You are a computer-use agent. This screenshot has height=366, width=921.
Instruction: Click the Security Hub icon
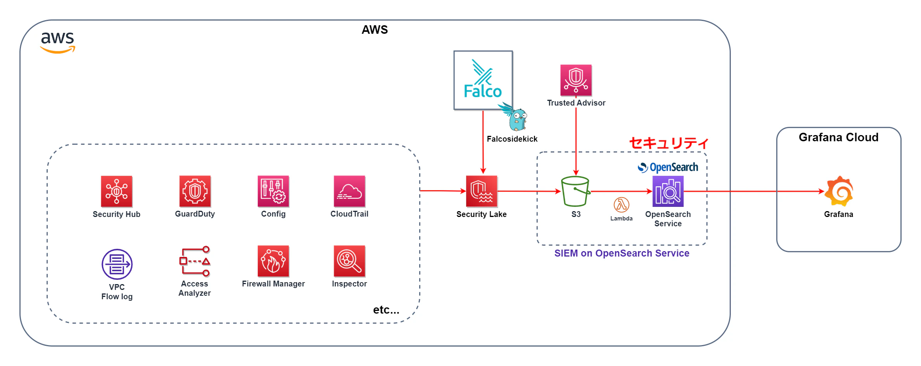[116, 191]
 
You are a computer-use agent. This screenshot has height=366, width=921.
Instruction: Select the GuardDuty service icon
[195, 191]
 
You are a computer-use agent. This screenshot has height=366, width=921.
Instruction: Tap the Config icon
[273, 191]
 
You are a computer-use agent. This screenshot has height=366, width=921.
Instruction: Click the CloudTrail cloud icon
[349, 191]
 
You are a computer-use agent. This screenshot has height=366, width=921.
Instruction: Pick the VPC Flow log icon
[117, 264]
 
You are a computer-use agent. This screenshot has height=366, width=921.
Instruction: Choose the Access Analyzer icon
[195, 261]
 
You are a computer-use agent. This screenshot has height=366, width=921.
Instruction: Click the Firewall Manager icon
[273, 261]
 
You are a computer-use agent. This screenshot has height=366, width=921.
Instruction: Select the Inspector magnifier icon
[349, 261]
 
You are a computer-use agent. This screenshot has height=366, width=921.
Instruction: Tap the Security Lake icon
[482, 191]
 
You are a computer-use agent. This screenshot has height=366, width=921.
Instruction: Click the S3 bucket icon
[576, 191]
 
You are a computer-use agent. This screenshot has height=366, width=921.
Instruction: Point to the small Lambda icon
[621, 205]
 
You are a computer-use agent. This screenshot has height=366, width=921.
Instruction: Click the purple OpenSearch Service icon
[668, 191]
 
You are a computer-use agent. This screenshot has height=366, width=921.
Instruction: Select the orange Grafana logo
[839, 191]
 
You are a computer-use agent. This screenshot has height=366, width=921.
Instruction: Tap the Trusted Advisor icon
[576, 80]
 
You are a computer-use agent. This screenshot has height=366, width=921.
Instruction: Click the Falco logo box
[483, 80]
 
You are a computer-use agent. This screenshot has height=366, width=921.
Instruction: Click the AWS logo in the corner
[58, 42]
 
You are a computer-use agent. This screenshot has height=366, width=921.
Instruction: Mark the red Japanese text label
[669, 143]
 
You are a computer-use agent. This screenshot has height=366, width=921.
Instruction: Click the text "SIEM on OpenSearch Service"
[622, 253]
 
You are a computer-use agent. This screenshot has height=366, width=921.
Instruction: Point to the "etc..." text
[386, 310]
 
